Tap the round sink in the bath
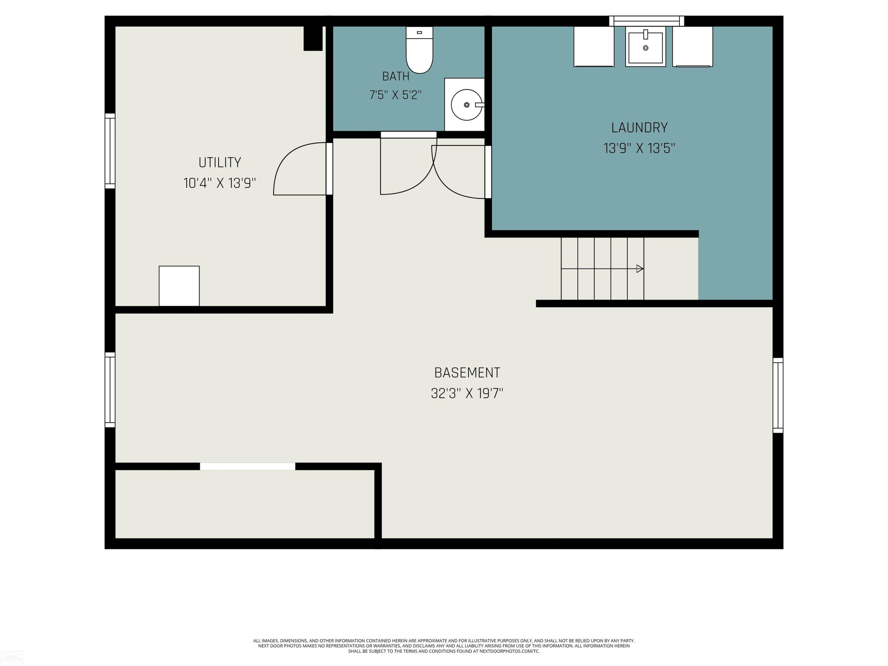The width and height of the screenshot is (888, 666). (x=466, y=105)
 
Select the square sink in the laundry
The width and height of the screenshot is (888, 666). (x=646, y=46)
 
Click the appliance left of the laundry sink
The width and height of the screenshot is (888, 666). (x=594, y=46)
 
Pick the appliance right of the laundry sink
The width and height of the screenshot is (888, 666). (x=693, y=46)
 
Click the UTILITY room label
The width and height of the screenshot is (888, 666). (x=220, y=163)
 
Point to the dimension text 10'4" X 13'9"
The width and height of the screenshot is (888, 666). (x=220, y=183)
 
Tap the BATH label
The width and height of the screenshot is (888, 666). (x=396, y=76)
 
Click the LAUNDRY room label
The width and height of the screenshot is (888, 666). (x=639, y=128)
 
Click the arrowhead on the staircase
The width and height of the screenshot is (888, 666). (x=640, y=268)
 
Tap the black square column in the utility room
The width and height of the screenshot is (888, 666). (x=313, y=38)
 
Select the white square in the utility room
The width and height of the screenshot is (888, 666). (x=179, y=286)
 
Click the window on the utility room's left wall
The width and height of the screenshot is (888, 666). (x=110, y=151)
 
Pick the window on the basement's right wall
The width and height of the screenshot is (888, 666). (x=778, y=395)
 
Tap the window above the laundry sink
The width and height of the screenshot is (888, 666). (x=647, y=21)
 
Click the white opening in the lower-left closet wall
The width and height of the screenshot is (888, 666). (x=248, y=466)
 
